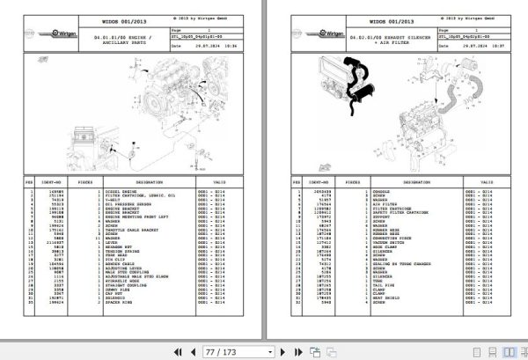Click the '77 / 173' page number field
tap(219, 350)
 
